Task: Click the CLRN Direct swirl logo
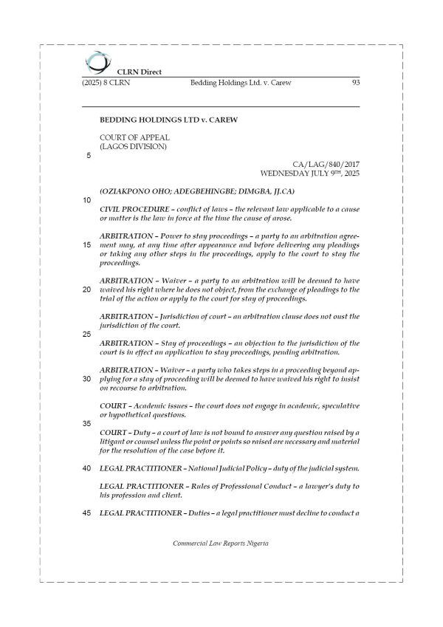coord(95,62)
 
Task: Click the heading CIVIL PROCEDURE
coord(141,210)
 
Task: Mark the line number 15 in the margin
coord(87,244)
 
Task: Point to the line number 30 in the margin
coord(87,379)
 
